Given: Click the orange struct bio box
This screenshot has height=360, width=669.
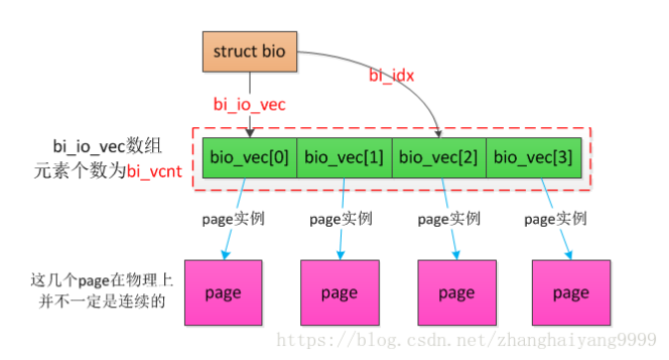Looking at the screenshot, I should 248,51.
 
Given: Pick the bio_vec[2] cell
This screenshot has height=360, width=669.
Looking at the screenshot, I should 439,156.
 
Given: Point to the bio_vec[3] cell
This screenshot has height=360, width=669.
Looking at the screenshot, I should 534,156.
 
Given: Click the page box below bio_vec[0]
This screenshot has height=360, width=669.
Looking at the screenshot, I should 223,293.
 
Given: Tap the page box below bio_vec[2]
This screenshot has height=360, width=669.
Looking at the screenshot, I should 456,293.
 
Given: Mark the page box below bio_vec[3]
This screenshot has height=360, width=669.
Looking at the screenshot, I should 571,293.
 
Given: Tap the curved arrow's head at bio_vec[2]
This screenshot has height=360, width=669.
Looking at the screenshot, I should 439,132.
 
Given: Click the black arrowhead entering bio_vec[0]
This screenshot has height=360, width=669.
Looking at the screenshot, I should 248,132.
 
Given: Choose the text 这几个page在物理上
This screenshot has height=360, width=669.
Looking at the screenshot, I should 85,280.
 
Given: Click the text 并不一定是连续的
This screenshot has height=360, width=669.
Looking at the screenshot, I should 85,300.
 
